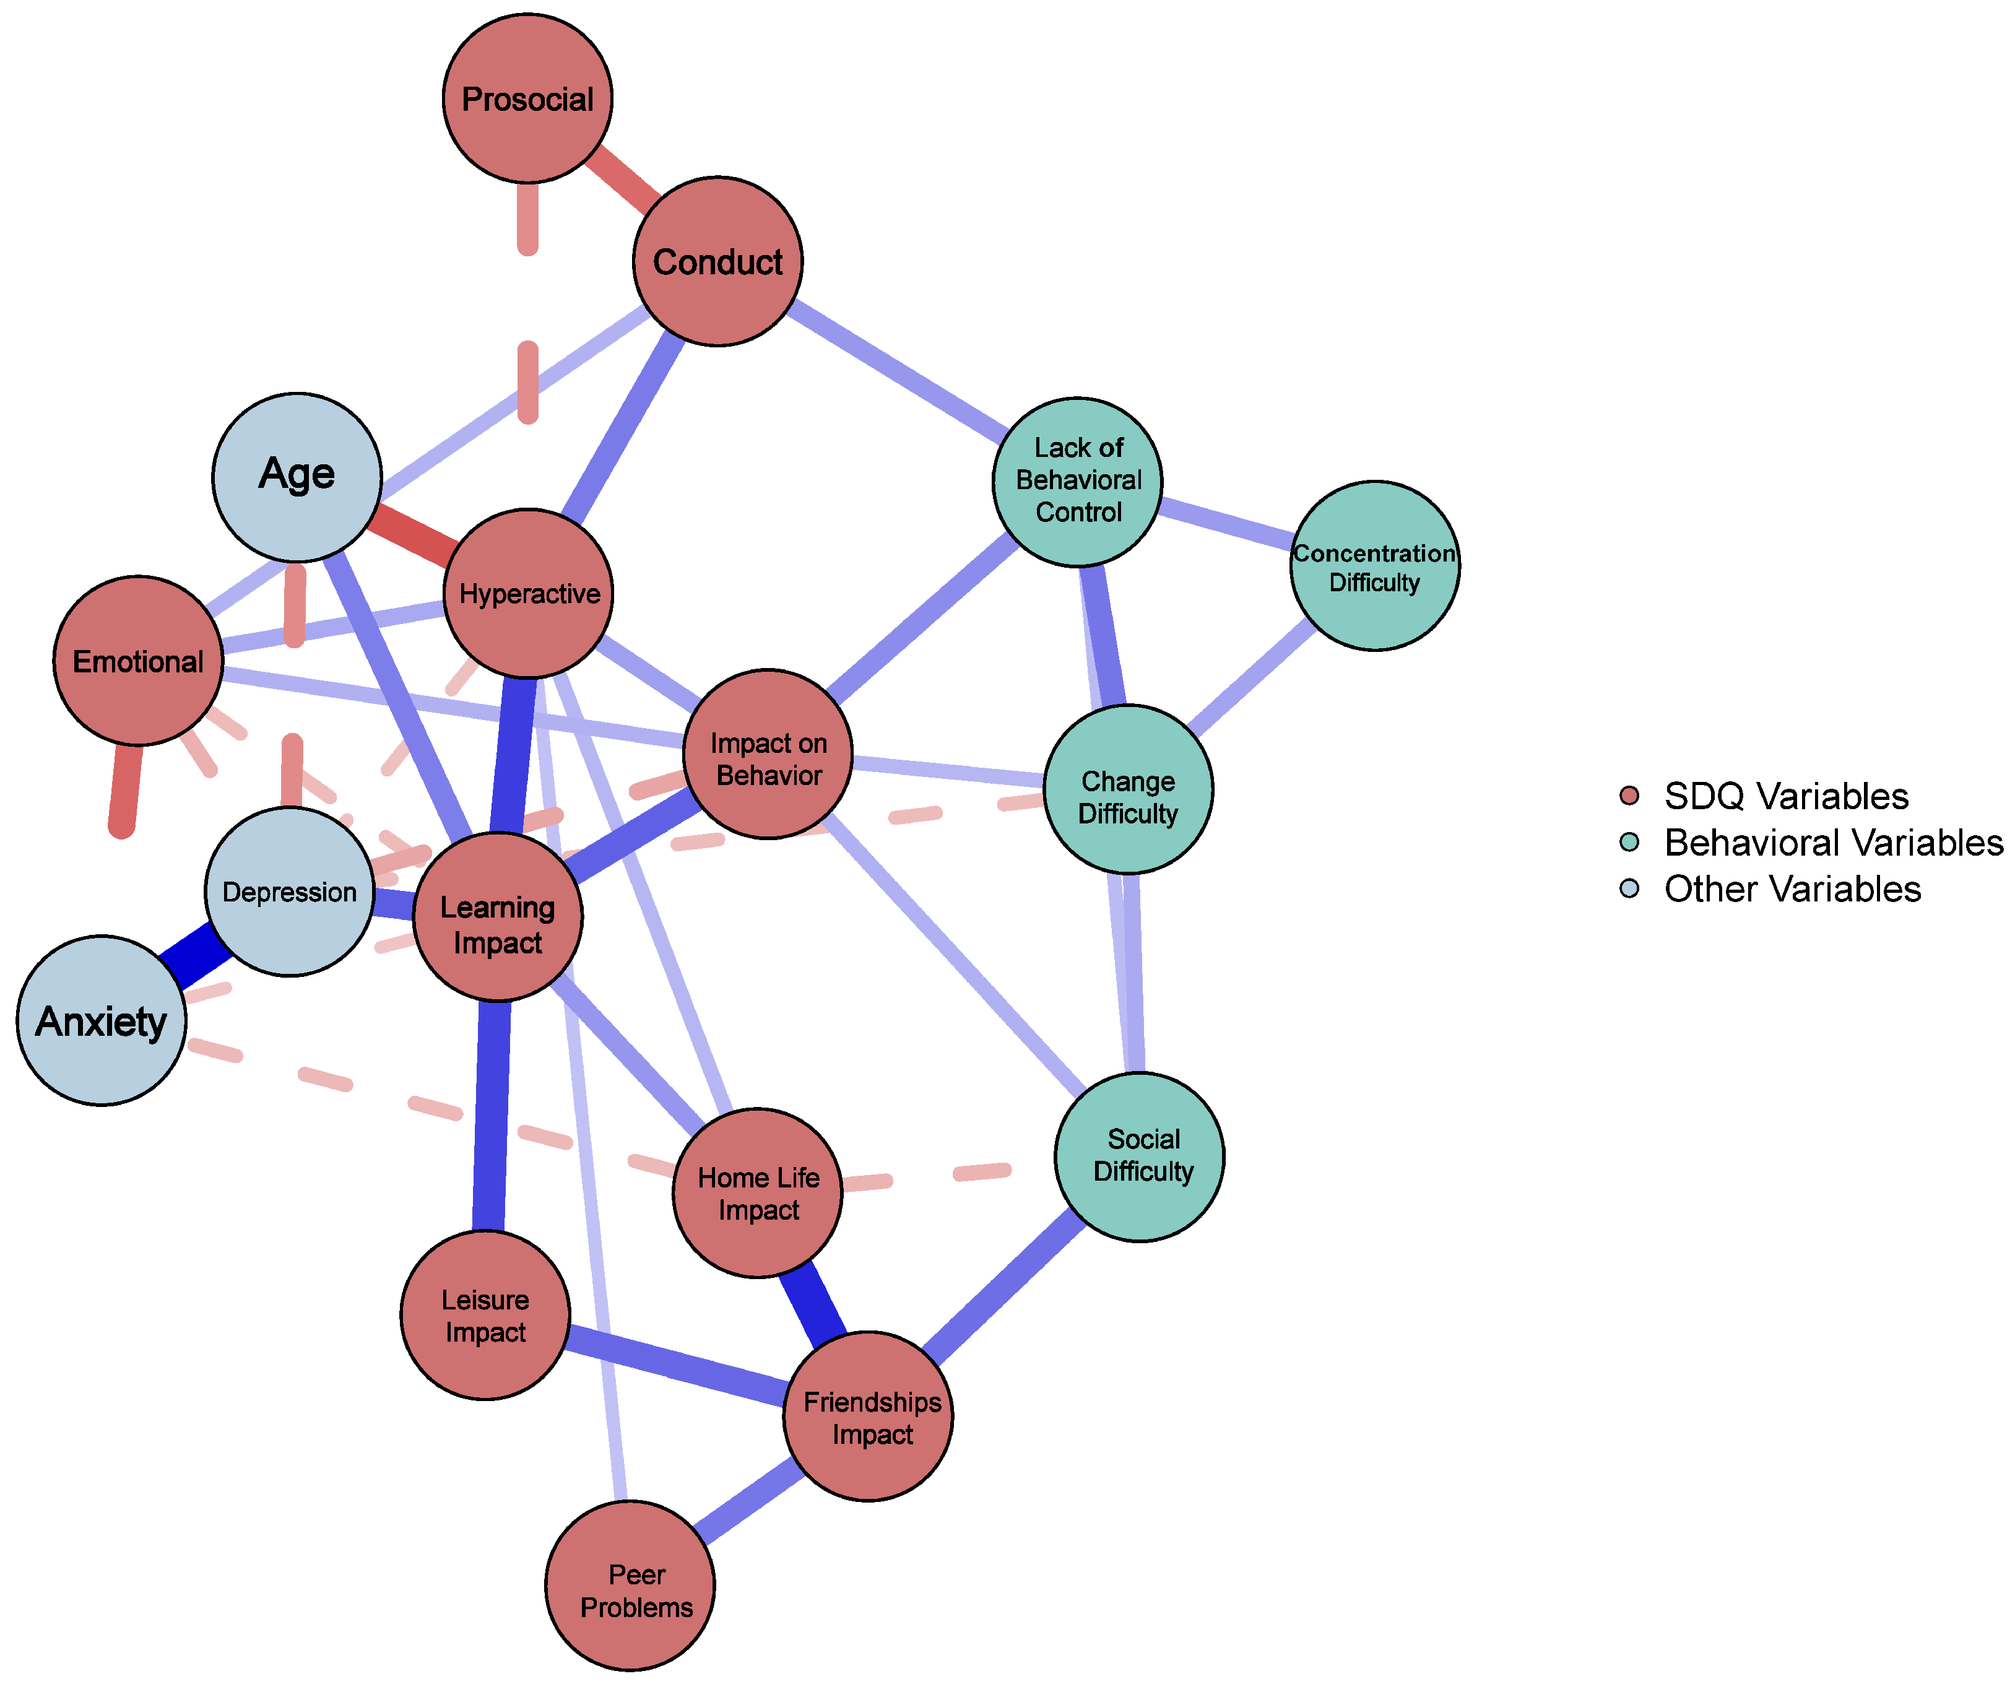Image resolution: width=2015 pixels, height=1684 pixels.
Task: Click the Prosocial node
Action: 527,98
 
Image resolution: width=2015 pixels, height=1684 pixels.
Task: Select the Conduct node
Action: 717,261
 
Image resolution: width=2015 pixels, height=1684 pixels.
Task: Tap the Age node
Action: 297,477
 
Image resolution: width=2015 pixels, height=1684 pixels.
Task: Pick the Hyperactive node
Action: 529,593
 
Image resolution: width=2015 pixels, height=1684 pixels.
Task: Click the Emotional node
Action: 138,660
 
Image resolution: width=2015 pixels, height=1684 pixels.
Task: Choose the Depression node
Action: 289,892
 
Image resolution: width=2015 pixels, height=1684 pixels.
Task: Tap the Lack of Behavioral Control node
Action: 1078,482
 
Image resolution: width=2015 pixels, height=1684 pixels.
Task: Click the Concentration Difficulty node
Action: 1374,566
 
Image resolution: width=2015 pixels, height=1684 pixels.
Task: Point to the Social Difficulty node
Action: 1139,1157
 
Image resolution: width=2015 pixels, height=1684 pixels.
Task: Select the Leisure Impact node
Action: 485,1314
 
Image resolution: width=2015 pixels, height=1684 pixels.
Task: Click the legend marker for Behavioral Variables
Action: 1629,841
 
